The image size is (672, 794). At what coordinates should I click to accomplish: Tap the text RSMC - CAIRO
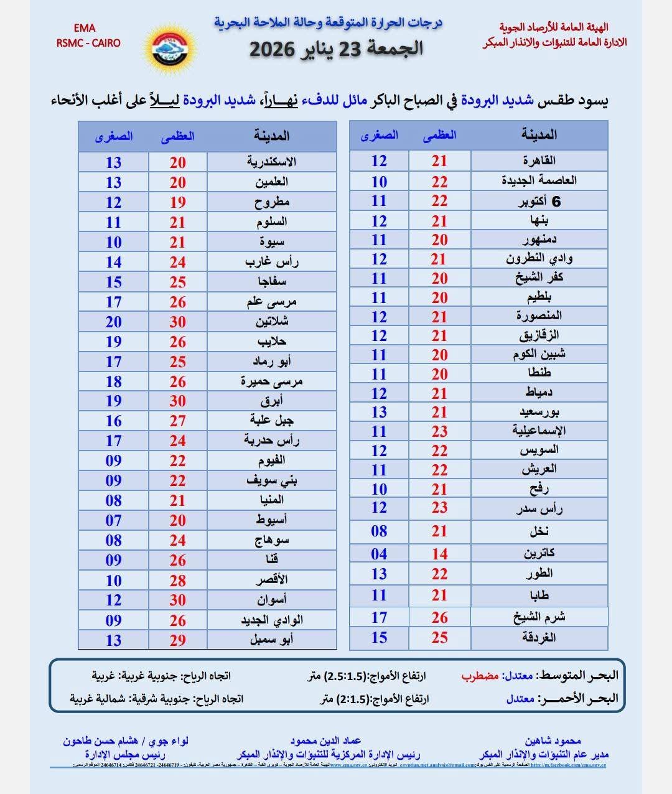coord(88,43)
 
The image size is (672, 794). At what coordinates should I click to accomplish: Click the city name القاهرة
coord(539,161)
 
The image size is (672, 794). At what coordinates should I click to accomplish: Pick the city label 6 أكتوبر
coord(539,201)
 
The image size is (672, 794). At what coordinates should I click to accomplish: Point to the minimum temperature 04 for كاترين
coord(379,553)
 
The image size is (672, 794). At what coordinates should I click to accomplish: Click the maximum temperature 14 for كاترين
coord(440,553)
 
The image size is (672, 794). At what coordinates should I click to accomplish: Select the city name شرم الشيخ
coord(539,617)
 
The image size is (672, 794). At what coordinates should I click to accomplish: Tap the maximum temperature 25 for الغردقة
coord(440,638)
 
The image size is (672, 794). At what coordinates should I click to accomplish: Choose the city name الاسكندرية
coord(271,162)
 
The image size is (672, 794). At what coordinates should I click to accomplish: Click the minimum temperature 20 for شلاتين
coord(113,322)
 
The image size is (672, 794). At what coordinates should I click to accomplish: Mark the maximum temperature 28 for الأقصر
coord(178,581)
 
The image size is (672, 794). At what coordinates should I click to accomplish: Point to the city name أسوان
coord(271,600)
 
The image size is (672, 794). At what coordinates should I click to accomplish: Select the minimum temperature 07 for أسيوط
coord(113,520)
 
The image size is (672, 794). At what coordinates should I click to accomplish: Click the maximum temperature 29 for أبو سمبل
coord(178,640)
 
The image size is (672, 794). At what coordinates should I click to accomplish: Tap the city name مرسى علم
coord(271,302)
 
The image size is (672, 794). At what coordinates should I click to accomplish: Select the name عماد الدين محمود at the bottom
coord(325,741)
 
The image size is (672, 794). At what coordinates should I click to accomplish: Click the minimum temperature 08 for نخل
coord(379,531)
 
